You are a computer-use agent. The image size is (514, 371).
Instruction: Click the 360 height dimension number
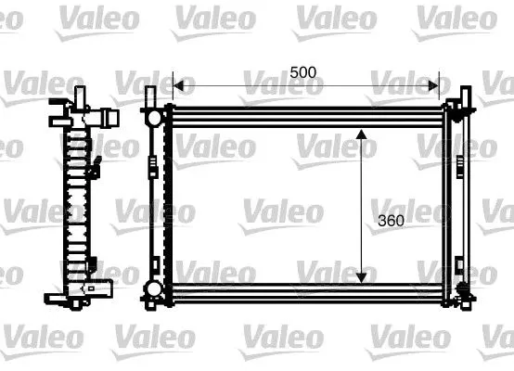tap(393, 221)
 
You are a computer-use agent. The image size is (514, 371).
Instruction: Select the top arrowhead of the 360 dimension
tap(362, 136)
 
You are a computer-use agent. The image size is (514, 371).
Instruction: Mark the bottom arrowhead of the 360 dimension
tap(362, 275)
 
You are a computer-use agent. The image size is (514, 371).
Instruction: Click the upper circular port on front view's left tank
tap(150, 119)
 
